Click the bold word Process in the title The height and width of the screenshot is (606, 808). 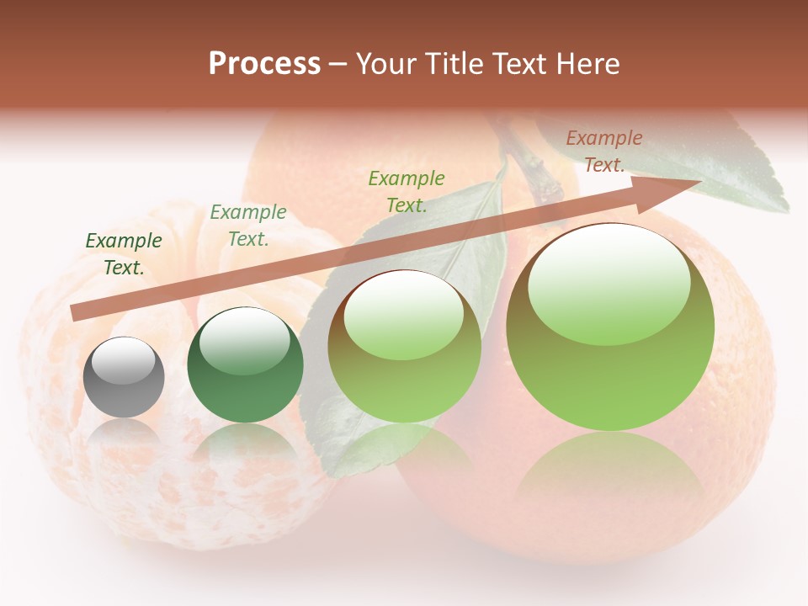[x=264, y=64]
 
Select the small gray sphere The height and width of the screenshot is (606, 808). [x=124, y=377]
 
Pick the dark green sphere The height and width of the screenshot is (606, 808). [x=245, y=365]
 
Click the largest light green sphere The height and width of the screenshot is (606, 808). [x=610, y=327]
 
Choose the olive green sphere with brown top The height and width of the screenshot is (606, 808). [x=404, y=347]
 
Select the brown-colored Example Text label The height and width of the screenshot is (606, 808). [x=604, y=151]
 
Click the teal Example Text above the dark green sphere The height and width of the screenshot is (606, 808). [x=248, y=226]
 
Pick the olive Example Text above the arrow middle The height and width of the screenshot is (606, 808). [x=407, y=191]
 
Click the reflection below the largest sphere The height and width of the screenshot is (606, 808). [x=610, y=480]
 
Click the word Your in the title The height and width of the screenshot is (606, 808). [x=387, y=64]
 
